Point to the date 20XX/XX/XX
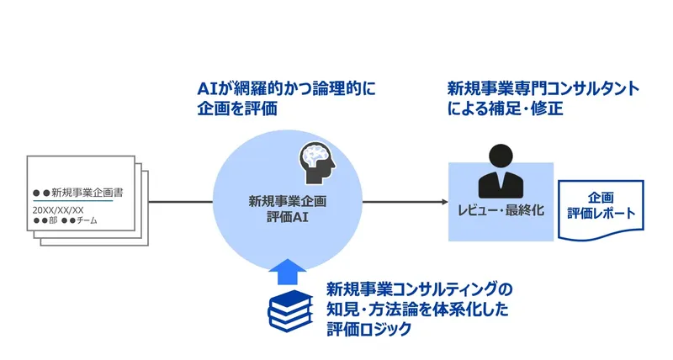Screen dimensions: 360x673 (58, 209)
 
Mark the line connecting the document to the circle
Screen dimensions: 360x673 (178, 202)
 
